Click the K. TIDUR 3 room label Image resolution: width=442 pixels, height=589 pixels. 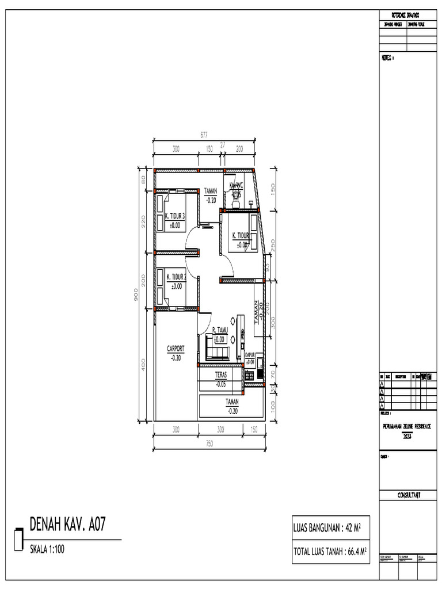click(x=174, y=216)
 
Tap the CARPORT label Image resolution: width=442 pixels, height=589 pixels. click(x=176, y=349)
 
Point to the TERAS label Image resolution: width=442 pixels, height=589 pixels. click(x=221, y=374)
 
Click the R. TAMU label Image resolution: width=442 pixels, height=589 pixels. click(x=220, y=330)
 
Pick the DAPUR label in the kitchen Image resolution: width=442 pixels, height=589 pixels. click(x=250, y=355)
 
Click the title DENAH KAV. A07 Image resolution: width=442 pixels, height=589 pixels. click(x=67, y=525)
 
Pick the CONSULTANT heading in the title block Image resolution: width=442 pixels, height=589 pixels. click(x=408, y=495)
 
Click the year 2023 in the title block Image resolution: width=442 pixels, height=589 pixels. click(x=407, y=437)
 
